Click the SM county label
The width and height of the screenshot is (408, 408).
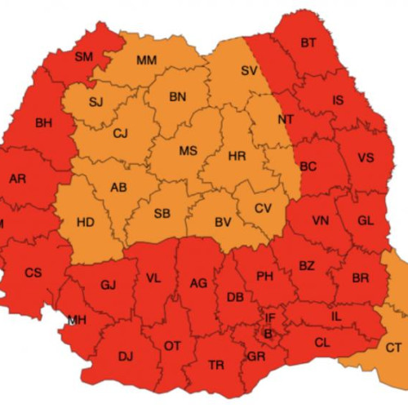(84, 56)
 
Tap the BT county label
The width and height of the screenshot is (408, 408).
(308, 42)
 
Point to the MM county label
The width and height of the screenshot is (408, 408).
(147, 60)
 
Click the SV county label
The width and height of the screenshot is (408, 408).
(249, 71)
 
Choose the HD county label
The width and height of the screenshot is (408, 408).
(84, 222)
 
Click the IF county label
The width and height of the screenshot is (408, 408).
(270, 317)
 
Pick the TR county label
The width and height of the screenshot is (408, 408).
(216, 364)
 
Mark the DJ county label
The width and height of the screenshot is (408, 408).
(125, 356)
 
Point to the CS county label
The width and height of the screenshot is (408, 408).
(33, 273)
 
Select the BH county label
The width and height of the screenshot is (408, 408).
(43, 123)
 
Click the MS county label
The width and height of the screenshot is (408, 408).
(188, 151)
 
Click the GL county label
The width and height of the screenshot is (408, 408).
(365, 220)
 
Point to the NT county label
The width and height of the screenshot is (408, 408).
(286, 119)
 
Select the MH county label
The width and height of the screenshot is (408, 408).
(78, 319)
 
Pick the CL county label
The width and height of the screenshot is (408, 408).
(322, 343)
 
